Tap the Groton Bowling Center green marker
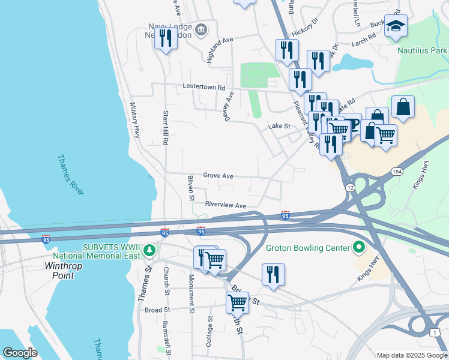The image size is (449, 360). coord(359,247)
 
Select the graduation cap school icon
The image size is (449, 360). coord(396,26)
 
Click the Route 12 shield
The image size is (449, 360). coord(349,188)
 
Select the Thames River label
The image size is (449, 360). coord(71,174)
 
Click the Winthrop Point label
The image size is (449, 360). coord(68,270)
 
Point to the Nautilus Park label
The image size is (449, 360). coord(422,50)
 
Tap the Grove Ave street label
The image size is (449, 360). coord(218,176)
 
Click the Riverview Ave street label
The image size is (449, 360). coord(226,205)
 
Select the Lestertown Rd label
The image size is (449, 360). coord(203,86)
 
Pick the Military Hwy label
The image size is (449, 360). coord(135,120)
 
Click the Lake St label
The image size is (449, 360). coord(279,126)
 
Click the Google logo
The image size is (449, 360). coord(20,353)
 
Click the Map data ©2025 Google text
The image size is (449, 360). coord(411,355)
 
